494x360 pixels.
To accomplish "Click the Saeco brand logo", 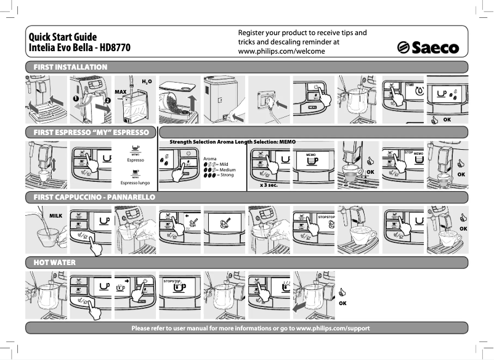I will point(428,47).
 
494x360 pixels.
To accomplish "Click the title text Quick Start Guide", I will point(61,37).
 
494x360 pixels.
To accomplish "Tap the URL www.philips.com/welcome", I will point(281,51).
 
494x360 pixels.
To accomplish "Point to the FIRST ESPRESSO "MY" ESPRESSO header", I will point(91,133).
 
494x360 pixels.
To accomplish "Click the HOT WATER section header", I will point(55,263).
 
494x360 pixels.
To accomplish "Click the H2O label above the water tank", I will point(147,81).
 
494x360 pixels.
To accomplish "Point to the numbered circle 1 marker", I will point(75,97).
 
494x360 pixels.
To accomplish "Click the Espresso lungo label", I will point(135,183).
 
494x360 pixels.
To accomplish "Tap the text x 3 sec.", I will point(269,184).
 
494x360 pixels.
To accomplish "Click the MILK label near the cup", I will point(57,215).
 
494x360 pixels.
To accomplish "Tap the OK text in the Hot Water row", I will point(343,303).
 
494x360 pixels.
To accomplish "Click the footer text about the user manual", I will point(251,327).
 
